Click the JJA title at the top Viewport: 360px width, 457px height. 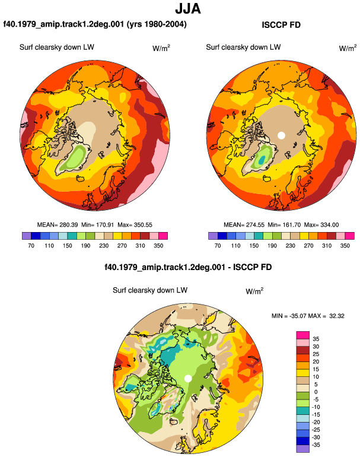[x=188, y=8]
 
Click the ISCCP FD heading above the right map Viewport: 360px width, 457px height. [x=281, y=25]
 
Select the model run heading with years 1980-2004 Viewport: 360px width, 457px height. [x=95, y=24]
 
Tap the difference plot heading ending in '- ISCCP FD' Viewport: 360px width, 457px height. [x=188, y=267]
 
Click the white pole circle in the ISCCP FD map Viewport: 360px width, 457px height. [x=281, y=135]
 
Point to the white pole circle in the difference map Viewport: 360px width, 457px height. [x=188, y=378]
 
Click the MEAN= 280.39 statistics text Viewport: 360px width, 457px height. [x=58, y=225]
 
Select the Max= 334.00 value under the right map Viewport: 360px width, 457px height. [x=321, y=225]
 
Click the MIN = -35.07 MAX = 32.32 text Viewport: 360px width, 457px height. [x=308, y=316]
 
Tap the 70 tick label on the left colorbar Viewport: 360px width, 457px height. [x=31, y=246]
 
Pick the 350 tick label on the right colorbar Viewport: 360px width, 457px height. [x=345, y=246]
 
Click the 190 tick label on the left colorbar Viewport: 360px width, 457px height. [x=85, y=246]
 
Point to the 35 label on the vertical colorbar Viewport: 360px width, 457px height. [x=316, y=339]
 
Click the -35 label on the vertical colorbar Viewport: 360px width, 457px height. [x=316, y=445]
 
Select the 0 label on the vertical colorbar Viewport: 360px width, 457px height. [x=316, y=392]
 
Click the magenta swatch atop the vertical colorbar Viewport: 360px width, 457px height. [x=303, y=335]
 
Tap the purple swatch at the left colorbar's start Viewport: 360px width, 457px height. [x=27, y=236]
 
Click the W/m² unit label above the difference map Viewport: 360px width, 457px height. [x=254, y=291]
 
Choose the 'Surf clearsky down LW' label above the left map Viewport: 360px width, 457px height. [x=57, y=47]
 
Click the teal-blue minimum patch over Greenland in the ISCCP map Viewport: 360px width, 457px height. [x=262, y=160]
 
